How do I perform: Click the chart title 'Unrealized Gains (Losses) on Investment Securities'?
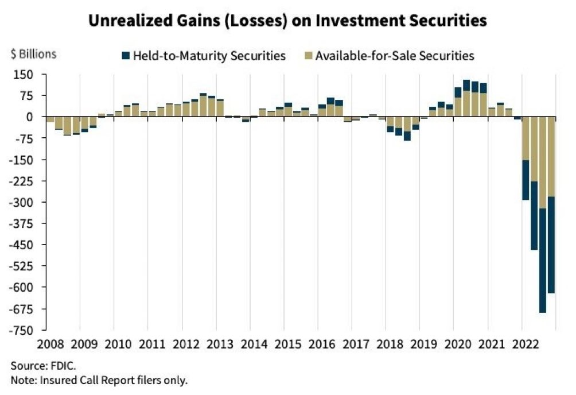pos(287,21)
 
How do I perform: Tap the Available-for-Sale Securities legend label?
pos(394,56)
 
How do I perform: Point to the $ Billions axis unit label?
pos(33,55)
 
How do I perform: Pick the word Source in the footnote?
pos(25,365)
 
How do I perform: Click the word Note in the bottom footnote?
pos(21,379)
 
